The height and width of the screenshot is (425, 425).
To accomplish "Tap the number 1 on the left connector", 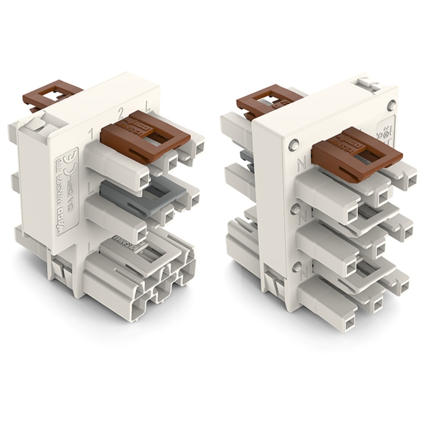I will point(91,135).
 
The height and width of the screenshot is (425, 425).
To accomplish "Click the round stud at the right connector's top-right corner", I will point(391,104).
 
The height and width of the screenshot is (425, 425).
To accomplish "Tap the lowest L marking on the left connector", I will point(90,246).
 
